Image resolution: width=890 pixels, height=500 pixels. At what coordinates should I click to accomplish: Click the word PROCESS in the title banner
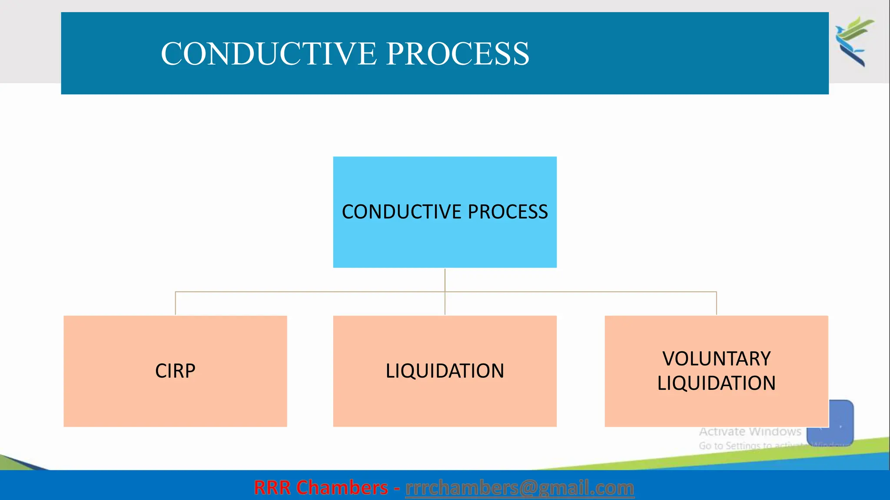[x=457, y=54]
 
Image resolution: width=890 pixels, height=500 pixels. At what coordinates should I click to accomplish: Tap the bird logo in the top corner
[x=853, y=41]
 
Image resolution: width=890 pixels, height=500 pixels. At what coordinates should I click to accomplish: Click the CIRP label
[x=175, y=371]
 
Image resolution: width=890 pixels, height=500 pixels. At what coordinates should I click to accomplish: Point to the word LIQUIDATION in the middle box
[x=445, y=371]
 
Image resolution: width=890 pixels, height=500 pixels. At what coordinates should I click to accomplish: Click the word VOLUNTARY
[x=716, y=359]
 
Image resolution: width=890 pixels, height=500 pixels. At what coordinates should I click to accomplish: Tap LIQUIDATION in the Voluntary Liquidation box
[x=716, y=383]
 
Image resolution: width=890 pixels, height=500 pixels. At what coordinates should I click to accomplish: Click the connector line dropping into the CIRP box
[x=175, y=304]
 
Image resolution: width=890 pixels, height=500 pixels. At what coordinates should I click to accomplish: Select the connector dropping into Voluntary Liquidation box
[x=716, y=304]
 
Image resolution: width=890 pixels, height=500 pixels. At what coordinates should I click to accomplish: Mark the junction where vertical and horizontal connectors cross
[x=445, y=292]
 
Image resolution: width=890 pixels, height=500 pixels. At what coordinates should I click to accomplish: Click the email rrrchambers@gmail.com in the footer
[x=519, y=488]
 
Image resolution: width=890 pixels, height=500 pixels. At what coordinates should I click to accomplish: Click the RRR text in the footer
[x=272, y=488]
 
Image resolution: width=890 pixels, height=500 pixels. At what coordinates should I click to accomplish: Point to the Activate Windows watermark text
[x=750, y=432]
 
